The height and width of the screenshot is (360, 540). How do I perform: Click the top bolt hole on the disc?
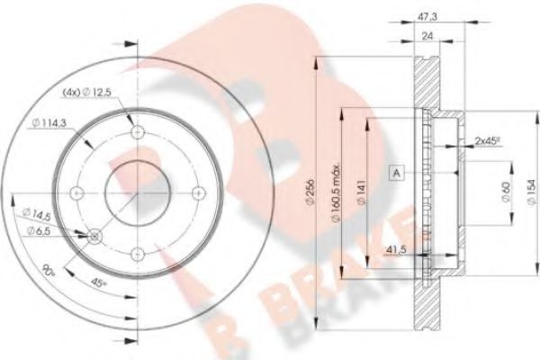click(x=137, y=133)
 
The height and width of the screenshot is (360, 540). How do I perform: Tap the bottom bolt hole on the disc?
click(x=137, y=251)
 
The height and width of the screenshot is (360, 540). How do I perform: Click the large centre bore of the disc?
click(x=137, y=192)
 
